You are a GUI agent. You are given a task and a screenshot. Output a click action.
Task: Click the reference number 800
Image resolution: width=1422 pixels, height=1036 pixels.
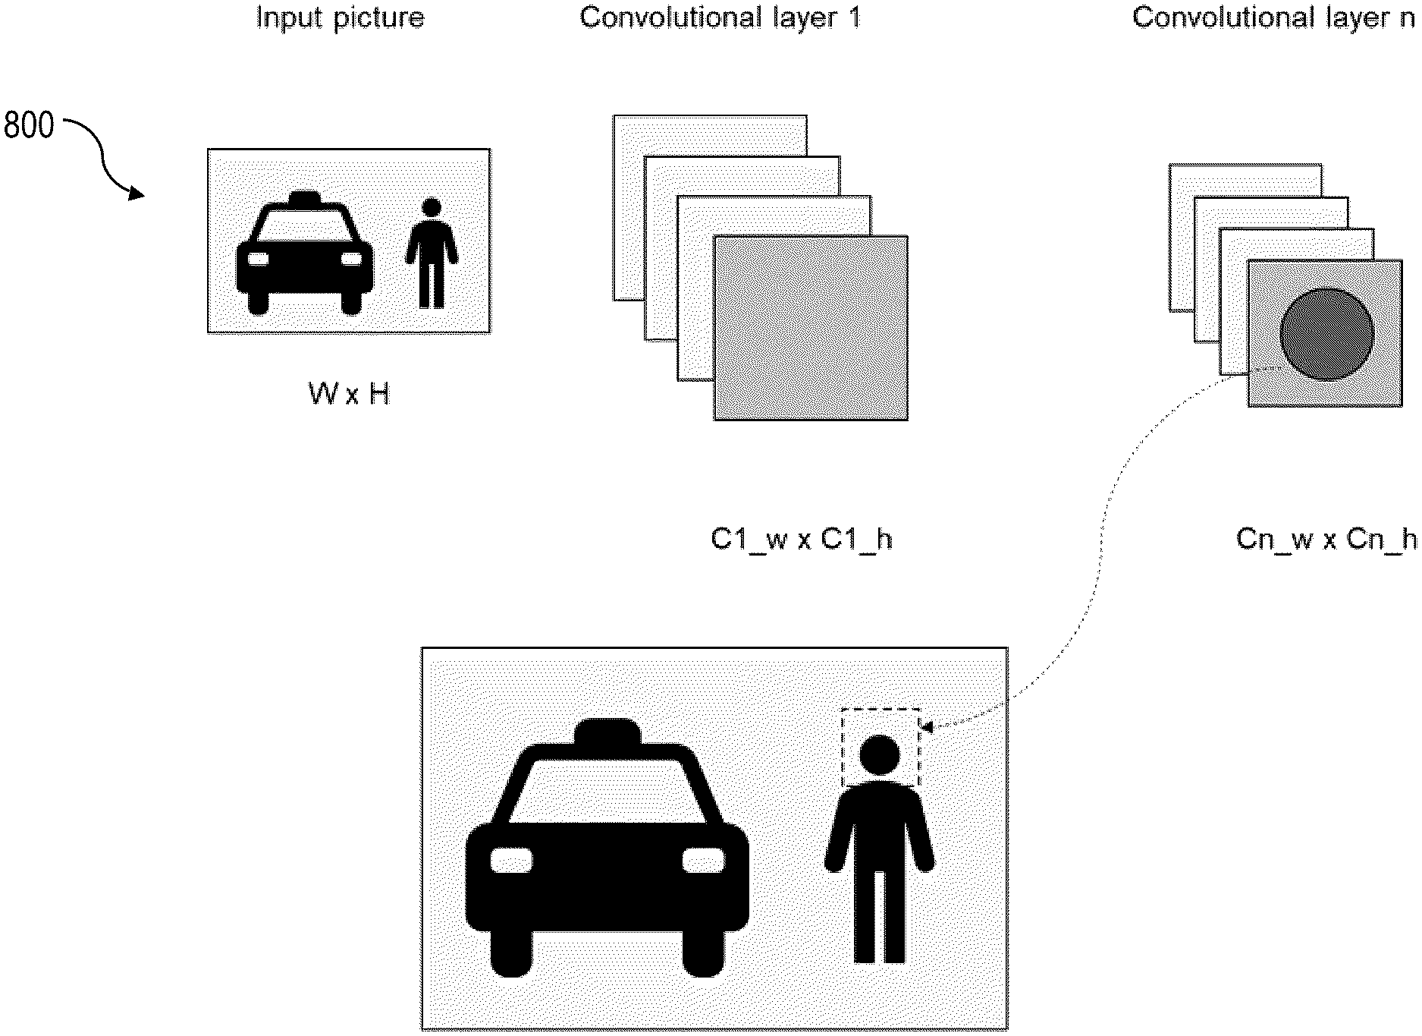coord(29,125)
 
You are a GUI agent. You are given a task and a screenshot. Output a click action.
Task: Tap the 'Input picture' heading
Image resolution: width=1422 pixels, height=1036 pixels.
coord(340,17)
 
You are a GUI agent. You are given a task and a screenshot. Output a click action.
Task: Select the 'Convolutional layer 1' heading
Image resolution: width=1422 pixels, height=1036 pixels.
coord(720,17)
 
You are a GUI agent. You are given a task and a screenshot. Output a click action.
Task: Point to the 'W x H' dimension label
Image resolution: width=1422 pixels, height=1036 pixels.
coord(349,394)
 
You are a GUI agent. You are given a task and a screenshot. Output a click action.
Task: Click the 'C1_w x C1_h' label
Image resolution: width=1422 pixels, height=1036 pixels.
coord(801,539)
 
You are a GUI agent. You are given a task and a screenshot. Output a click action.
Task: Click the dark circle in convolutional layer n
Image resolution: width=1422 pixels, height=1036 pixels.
coord(1326,334)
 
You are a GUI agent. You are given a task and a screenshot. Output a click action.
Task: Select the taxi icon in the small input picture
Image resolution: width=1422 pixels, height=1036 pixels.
coord(304,253)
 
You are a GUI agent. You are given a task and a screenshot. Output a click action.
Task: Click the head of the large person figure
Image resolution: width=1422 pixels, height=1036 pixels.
coord(880,755)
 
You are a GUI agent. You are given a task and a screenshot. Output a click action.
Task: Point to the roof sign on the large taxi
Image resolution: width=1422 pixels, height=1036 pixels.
coord(607,731)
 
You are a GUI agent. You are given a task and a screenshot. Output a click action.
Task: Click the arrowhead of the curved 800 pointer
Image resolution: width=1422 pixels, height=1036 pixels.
coord(137,195)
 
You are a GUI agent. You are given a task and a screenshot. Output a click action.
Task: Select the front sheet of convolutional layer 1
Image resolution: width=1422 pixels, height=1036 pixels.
coord(811,328)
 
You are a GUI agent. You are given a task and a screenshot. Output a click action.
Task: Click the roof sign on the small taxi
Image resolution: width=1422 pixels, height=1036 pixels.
coord(304,197)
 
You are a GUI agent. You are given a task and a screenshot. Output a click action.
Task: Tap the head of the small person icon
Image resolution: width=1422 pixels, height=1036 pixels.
coord(432,207)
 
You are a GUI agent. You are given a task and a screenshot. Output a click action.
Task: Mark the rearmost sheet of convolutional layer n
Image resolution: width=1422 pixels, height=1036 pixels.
coord(1244,179)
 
